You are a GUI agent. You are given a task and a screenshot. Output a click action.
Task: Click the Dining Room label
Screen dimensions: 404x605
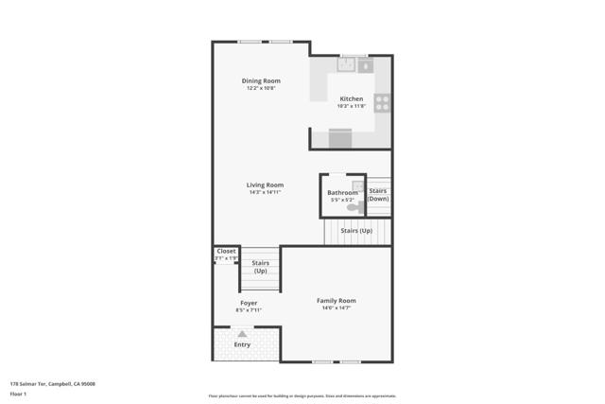[x=261, y=80]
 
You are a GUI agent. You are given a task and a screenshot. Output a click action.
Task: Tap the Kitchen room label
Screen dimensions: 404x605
[x=352, y=98]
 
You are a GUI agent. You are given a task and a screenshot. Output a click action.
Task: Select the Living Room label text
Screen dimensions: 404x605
[x=265, y=184]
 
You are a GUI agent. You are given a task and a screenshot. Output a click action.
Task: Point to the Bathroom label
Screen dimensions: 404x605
[x=342, y=192]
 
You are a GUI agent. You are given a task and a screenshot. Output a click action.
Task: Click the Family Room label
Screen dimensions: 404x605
[x=336, y=301]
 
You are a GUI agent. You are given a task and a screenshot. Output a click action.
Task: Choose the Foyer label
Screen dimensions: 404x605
[x=249, y=303]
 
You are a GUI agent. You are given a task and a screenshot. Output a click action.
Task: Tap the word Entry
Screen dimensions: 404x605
[x=243, y=344]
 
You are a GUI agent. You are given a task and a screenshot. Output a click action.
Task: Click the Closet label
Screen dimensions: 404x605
[x=226, y=251]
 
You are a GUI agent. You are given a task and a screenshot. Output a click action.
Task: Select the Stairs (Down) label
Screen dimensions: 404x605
[x=378, y=195]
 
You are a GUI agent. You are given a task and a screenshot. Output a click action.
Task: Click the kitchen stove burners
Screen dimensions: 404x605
[x=383, y=102]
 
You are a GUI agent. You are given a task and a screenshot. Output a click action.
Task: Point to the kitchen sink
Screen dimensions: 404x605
[x=346, y=64]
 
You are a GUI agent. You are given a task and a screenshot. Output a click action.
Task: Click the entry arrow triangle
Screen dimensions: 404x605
[x=243, y=333]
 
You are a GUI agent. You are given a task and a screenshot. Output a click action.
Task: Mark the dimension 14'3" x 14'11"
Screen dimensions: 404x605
[x=265, y=192]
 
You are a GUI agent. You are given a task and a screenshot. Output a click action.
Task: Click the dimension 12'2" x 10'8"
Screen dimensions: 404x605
[x=261, y=88]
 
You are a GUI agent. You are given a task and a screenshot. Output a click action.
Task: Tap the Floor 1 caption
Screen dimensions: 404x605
[x=19, y=393]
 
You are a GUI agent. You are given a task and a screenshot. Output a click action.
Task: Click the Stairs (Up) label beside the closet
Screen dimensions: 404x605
[x=261, y=267]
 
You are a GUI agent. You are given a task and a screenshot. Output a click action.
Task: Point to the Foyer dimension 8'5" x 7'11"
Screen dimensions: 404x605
[x=249, y=310]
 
